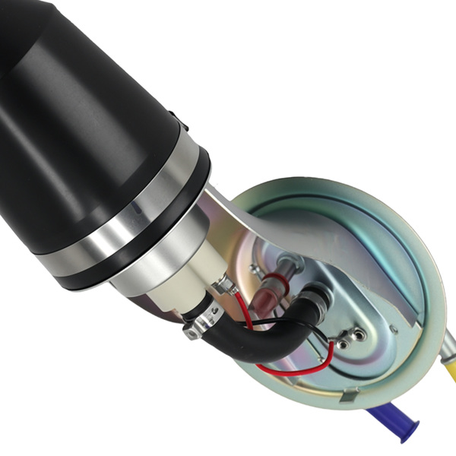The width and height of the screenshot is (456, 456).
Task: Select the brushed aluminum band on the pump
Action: coord(122,228)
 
